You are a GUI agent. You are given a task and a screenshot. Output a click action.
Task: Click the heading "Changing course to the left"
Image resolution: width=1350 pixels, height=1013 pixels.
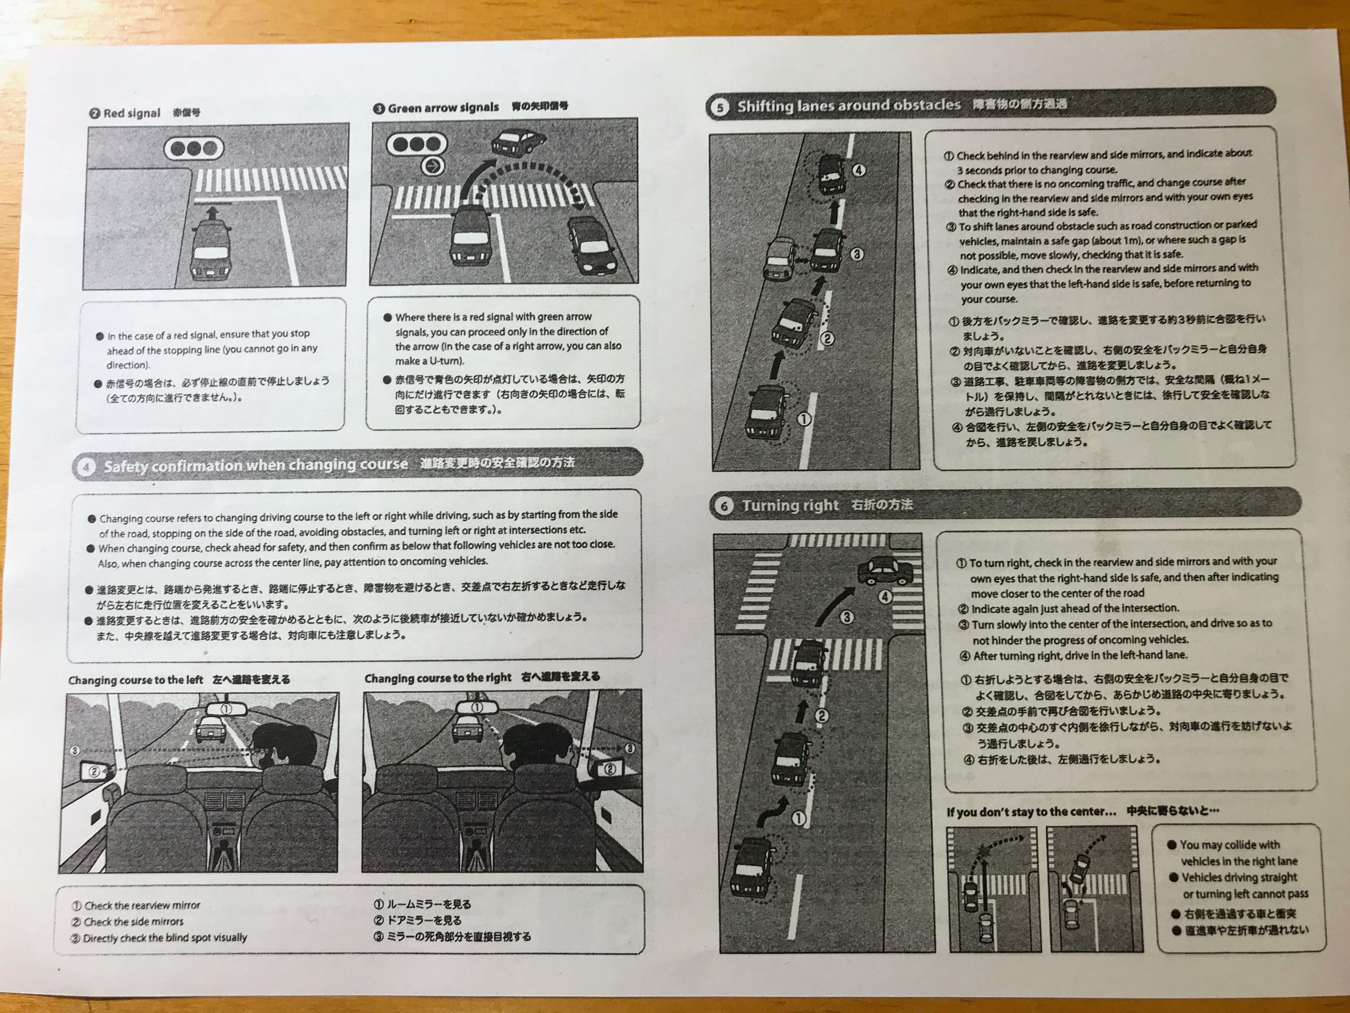tap(136, 680)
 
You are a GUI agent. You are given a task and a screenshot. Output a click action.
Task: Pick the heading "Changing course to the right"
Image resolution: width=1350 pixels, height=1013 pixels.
tap(438, 678)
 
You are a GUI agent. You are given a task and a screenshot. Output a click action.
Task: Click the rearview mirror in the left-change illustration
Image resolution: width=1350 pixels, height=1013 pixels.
tap(226, 709)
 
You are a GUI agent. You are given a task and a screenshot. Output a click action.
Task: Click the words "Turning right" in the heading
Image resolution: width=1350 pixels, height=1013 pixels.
tap(791, 505)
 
